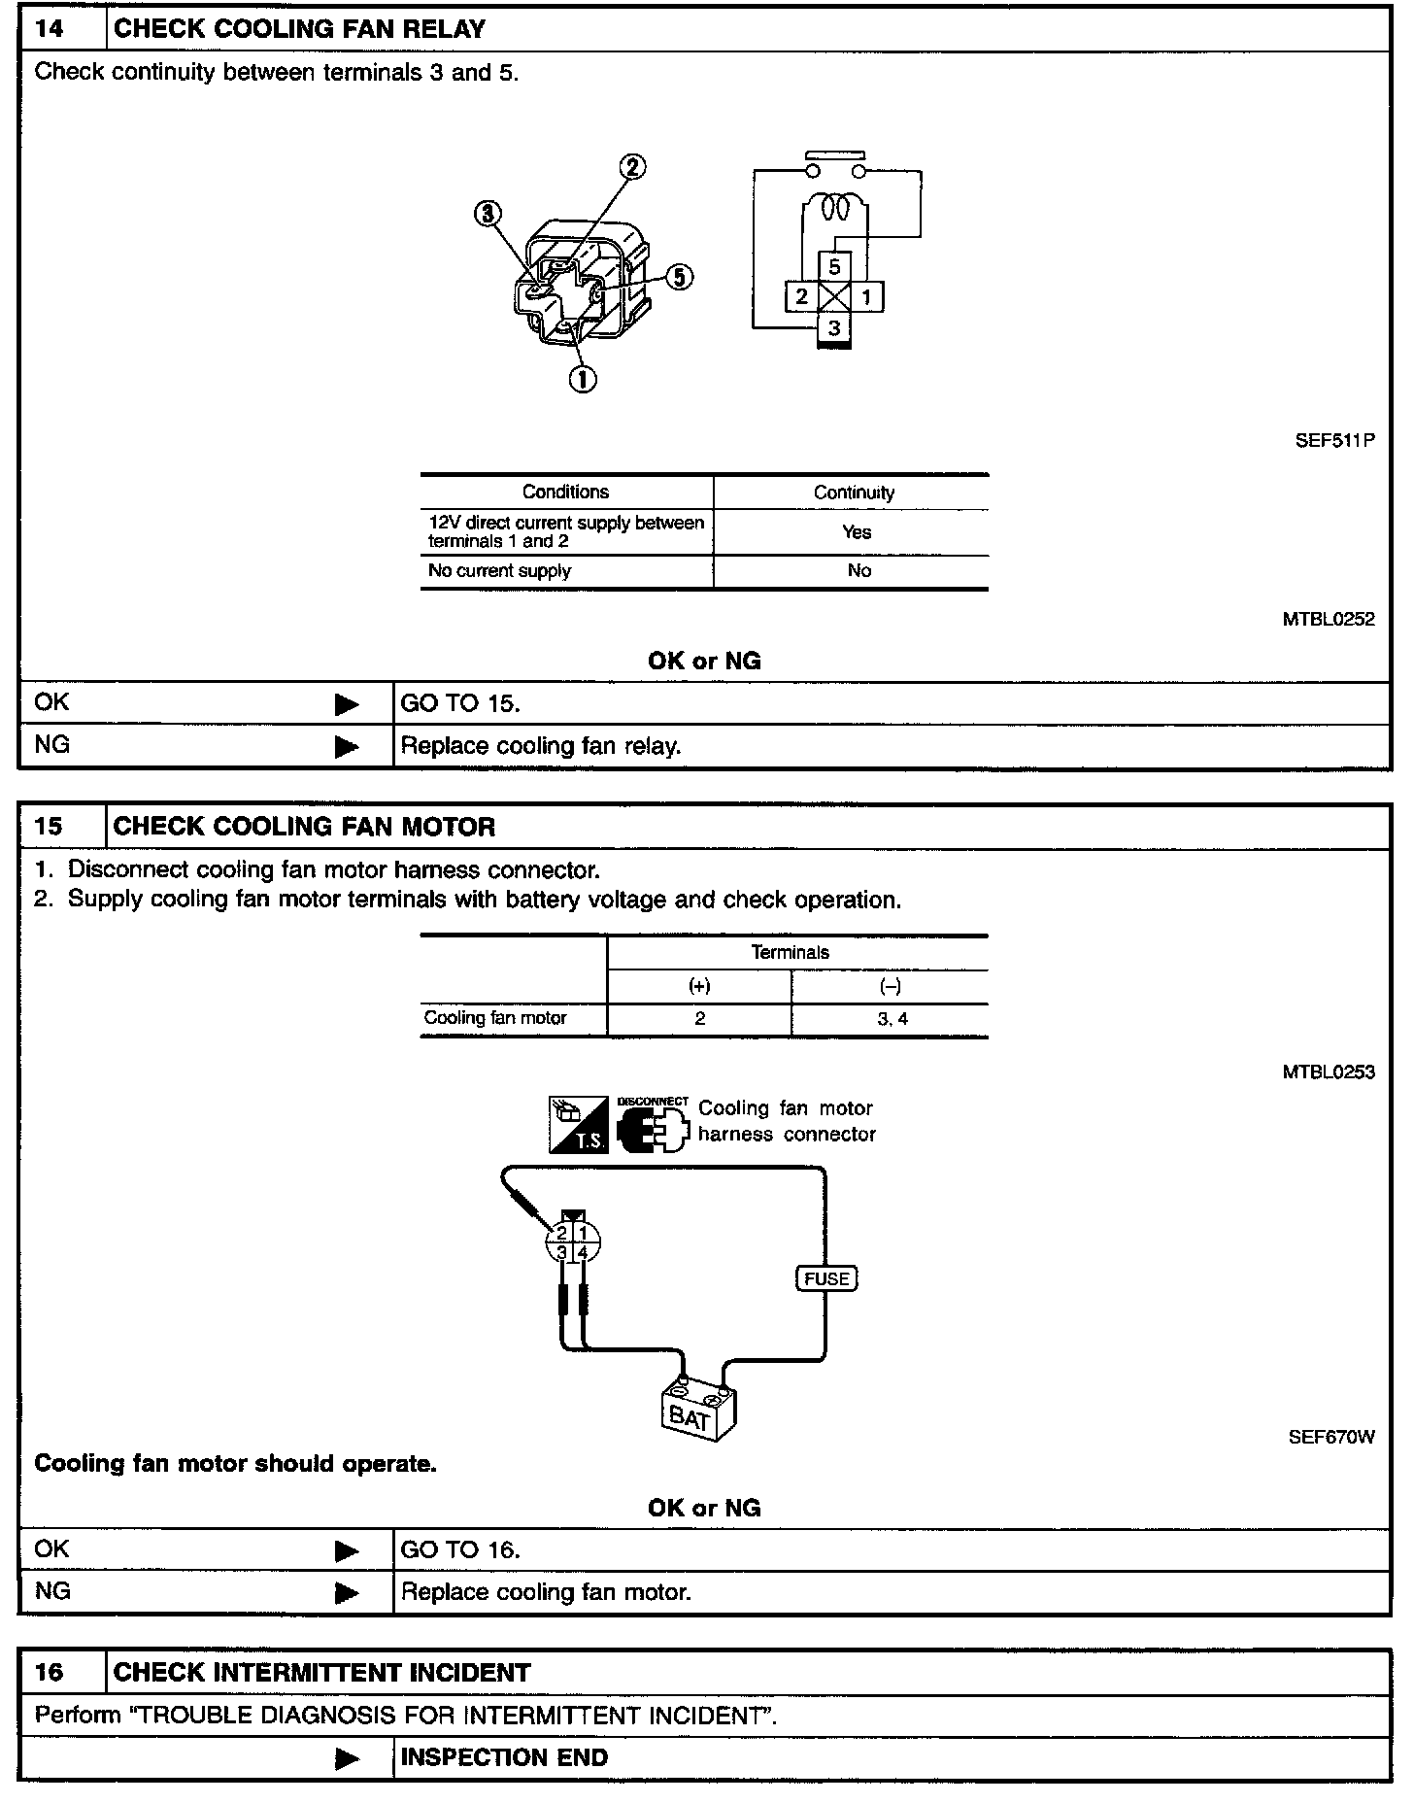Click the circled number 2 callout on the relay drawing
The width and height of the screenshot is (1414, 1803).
632,167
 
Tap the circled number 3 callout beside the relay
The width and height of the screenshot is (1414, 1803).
488,213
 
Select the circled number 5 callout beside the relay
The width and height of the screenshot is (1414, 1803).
679,277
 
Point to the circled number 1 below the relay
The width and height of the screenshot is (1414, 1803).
583,378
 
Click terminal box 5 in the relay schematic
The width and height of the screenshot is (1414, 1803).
834,266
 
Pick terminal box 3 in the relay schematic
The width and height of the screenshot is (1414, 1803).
834,328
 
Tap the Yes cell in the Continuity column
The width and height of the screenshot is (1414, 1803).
857,532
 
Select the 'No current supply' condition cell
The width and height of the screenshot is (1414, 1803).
499,571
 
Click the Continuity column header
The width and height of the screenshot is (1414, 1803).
854,493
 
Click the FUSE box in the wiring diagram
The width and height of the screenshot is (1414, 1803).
827,1278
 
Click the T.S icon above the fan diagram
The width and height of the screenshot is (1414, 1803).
579,1125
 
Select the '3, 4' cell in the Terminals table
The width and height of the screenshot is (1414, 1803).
892,1019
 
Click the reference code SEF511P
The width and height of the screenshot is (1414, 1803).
1334,440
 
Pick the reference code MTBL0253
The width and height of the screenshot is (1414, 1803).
1328,1072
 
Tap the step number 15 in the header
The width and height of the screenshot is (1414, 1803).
49,827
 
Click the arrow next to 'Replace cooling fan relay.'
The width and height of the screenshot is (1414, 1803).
347,746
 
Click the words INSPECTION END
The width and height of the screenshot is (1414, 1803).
504,1757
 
